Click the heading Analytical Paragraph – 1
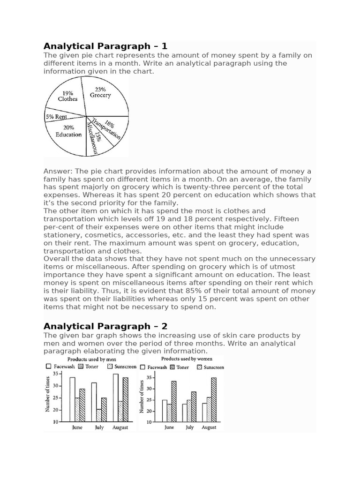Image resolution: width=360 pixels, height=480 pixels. coord(105,46)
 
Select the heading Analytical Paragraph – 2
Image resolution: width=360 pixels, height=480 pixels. coord(105,326)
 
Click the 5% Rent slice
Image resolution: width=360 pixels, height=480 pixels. coord(56,117)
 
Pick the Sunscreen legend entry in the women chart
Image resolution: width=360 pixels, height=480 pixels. coord(199,367)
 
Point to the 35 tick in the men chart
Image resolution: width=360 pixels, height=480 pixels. coord(56,374)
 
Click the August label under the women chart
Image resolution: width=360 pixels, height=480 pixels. coord(209,427)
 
